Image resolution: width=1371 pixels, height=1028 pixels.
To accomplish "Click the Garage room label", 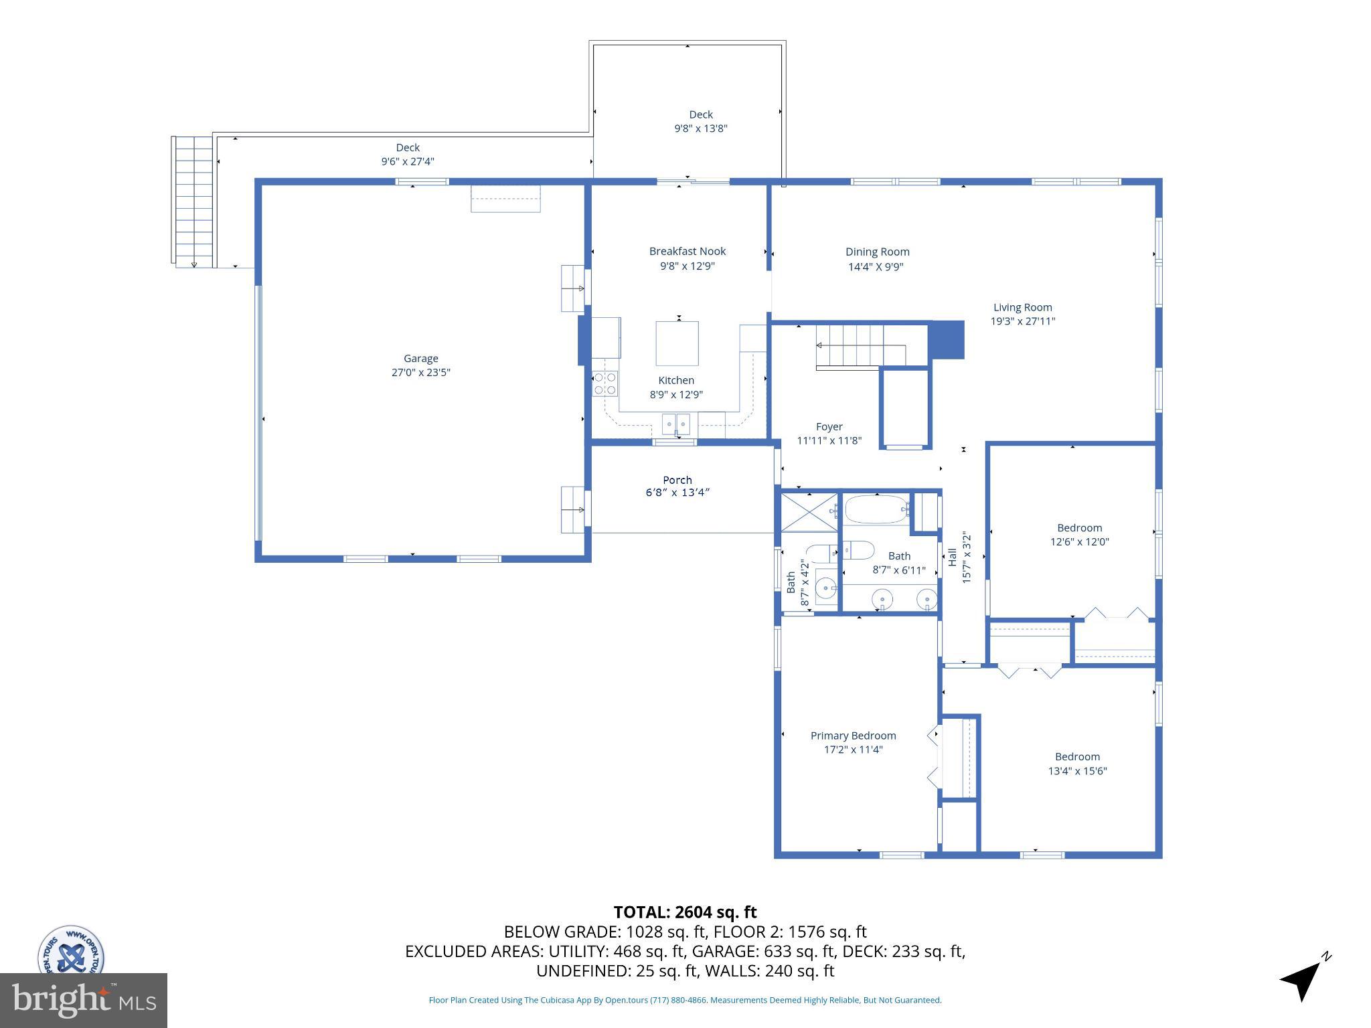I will coord(420,359).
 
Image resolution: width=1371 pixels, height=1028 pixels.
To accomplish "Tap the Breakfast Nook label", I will coord(687,252).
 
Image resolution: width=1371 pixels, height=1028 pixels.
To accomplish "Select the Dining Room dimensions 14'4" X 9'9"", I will coord(876,266).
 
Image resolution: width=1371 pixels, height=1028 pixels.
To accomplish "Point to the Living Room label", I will coord(1022,307).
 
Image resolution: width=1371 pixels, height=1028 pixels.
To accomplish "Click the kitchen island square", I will coord(677,343).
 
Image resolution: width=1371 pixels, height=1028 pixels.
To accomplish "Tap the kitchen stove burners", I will coord(604,383).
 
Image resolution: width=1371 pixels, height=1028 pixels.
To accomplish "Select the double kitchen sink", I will coord(675,424).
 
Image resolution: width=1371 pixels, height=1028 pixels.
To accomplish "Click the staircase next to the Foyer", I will coord(860,346).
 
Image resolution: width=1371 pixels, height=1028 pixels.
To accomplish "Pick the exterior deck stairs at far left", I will coord(193,201).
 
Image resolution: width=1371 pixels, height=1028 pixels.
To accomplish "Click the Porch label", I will coord(677,480).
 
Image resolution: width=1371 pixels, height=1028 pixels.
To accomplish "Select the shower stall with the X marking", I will coord(809,512).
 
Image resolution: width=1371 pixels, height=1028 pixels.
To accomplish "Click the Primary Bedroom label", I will coord(853,736).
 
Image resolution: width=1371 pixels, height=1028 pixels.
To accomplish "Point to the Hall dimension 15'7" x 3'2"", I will coord(965,558).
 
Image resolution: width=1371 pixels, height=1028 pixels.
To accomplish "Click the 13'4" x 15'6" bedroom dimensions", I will coord(1077,771).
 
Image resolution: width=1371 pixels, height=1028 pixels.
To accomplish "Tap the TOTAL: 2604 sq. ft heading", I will coord(685,912).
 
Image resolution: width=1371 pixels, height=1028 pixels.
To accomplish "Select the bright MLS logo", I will coord(83,1000).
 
